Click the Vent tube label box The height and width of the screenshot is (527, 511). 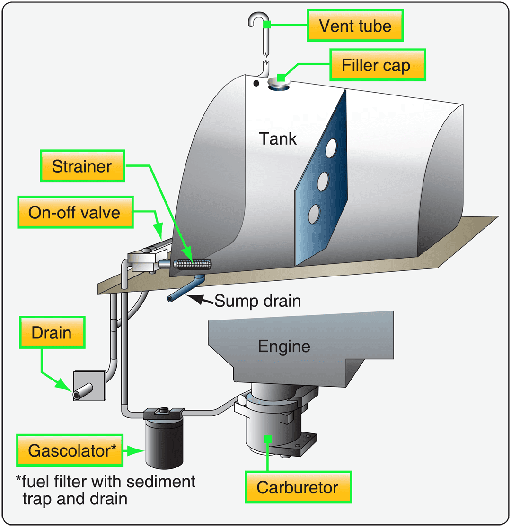pos(355,26)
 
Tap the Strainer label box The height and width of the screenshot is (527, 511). pos(82,166)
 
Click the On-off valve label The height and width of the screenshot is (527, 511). pos(74,212)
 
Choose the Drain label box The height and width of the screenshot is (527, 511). pos(52,333)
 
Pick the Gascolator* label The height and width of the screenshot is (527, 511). pos(72,450)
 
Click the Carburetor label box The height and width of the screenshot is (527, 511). pos(298,487)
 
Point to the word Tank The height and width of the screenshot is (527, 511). pos(278,138)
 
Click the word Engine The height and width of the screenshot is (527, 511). pos(284,346)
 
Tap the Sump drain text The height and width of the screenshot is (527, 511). pos(258,301)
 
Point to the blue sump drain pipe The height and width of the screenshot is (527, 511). pos(187,289)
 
